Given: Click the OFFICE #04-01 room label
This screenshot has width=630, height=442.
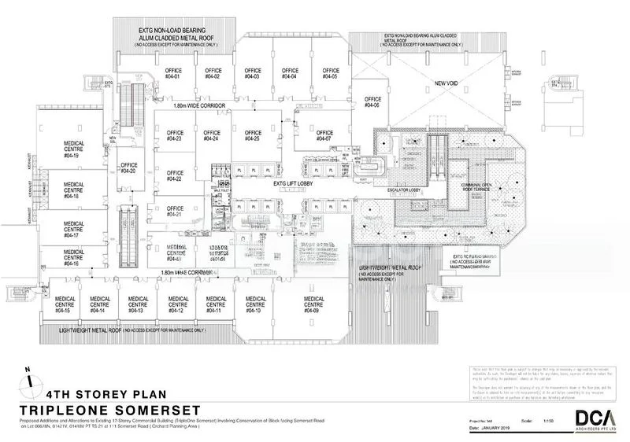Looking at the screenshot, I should coord(173,73).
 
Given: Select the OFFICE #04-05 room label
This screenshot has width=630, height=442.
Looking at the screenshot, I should coord(330,73).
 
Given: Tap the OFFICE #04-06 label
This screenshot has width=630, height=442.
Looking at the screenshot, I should coord(372,102).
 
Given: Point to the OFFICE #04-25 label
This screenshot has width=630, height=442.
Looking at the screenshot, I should coord(253,136).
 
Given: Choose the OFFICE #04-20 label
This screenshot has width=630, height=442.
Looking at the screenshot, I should coord(128,168).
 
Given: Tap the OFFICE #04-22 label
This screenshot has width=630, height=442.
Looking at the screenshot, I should coord(174,176).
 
